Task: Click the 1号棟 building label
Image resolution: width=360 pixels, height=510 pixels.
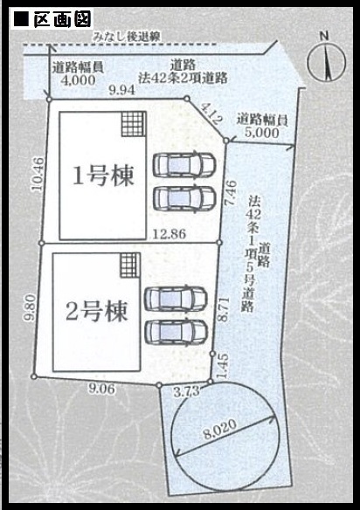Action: coord(103,176)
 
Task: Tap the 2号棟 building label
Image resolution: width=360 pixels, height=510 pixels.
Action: coord(97,311)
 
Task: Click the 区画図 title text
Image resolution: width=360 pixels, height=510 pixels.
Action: coord(62,20)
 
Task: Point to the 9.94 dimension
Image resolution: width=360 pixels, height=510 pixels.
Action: coord(122,90)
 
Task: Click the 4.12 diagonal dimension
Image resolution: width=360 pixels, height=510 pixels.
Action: coord(210,114)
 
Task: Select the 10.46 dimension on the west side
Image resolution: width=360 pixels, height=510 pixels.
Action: coord(38,174)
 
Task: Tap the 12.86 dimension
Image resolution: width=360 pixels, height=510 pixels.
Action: coord(170,233)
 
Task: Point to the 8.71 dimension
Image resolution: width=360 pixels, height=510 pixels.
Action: coord(224,309)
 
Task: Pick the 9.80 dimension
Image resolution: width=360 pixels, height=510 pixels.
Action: coord(31,307)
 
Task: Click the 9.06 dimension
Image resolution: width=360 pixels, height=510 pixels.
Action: coord(102,389)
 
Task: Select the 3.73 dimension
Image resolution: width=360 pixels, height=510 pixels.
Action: coord(186,390)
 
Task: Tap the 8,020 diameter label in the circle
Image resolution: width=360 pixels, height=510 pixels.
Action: coord(220,430)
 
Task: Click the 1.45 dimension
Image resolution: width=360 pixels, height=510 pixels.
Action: coord(223,366)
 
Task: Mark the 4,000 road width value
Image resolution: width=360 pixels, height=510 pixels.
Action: coord(78,80)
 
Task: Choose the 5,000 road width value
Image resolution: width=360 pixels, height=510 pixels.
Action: coord(262,133)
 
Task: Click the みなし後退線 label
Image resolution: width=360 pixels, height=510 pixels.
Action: coord(127,36)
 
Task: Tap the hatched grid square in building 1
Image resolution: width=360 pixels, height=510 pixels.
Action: coord(133,124)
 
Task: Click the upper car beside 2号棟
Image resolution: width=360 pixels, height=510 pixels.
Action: coord(176,298)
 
